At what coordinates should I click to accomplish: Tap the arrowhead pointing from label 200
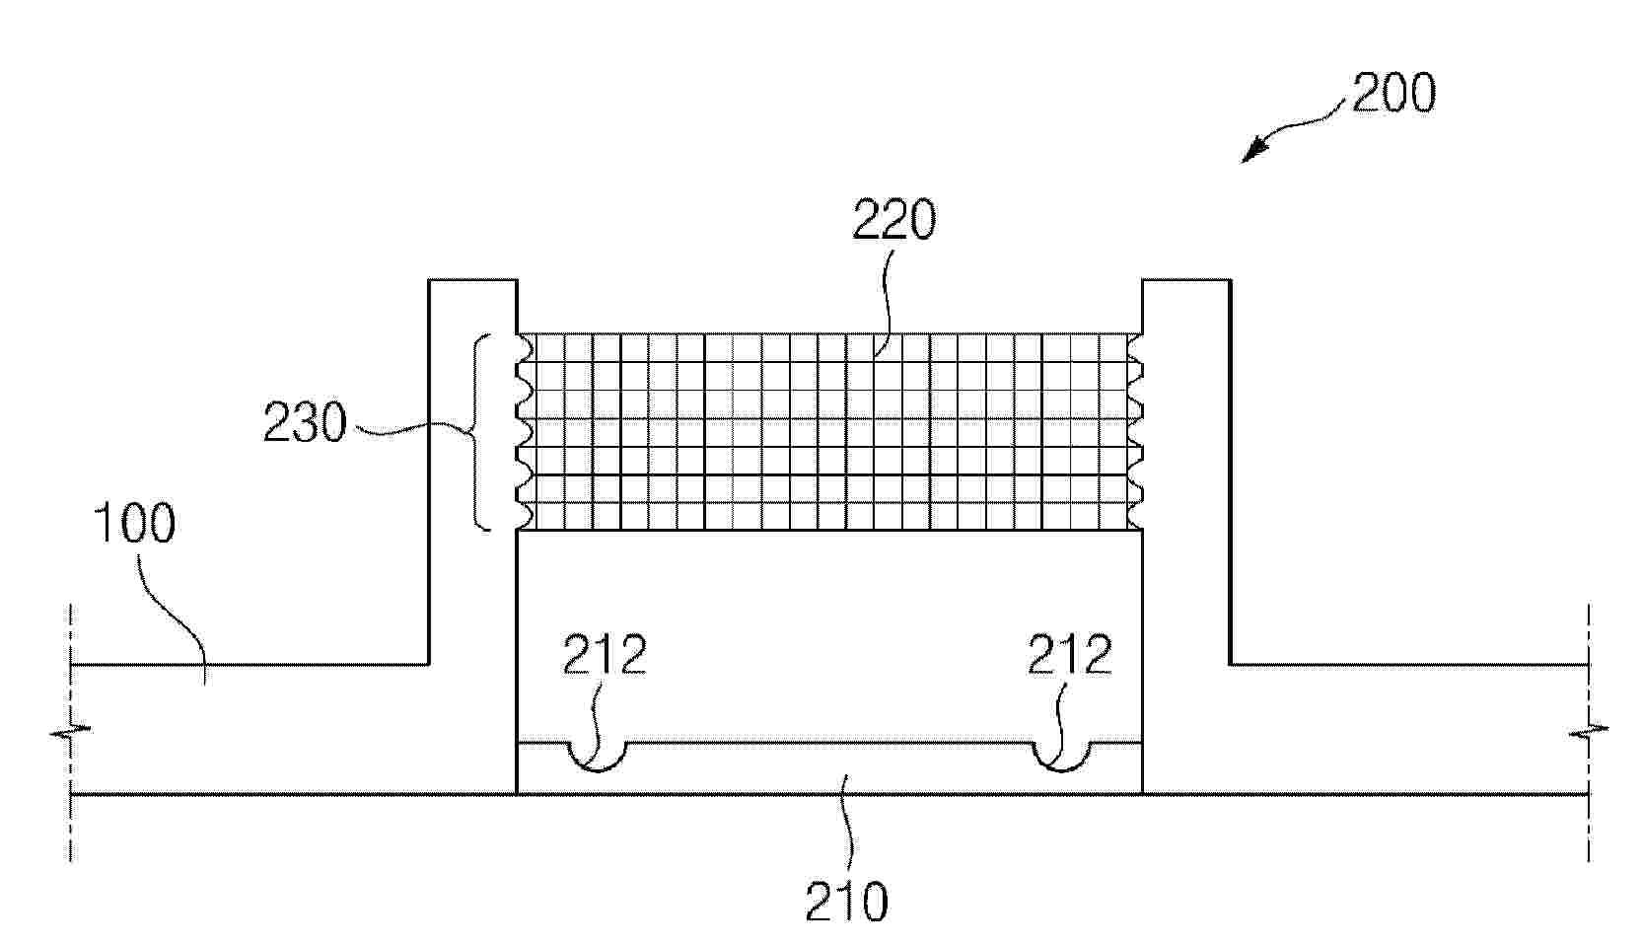tap(1252, 151)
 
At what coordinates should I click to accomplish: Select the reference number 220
tap(893, 218)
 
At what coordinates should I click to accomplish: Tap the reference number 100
tap(135, 523)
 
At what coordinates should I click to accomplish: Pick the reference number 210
tap(847, 901)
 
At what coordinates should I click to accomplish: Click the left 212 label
tap(605, 655)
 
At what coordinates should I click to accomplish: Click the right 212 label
tap(1070, 655)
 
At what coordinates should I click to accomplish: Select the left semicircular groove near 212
tap(598, 769)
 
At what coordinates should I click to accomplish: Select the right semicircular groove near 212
tap(1062, 769)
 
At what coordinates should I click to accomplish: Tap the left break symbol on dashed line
tap(71, 730)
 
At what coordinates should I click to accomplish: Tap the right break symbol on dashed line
tap(1589, 730)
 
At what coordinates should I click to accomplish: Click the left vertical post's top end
tap(472, 280)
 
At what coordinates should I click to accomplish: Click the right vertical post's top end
tap(1186, 280)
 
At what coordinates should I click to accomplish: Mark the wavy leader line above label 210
tap(848, 824)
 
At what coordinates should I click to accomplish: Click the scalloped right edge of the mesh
tap(1135, 432)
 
